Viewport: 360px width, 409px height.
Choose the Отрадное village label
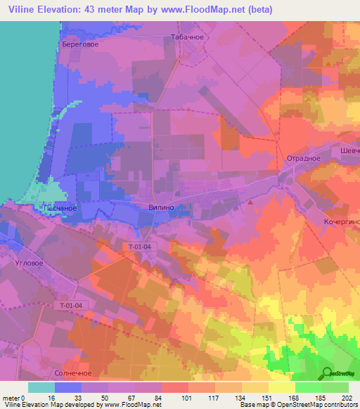[x=303, y=158]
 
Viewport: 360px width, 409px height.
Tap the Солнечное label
[x=73, y=373]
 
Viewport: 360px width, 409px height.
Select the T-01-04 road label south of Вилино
[x=141, y=247]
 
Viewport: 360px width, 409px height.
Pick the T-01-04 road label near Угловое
[x=70, y=305]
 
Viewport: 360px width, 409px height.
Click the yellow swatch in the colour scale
[x=282, y=387]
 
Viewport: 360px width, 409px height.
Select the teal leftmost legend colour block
[x=41, y=387]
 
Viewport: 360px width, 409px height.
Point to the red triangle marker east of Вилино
[x=250, y=202]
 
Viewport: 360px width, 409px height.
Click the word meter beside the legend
[x=11, y=398]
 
